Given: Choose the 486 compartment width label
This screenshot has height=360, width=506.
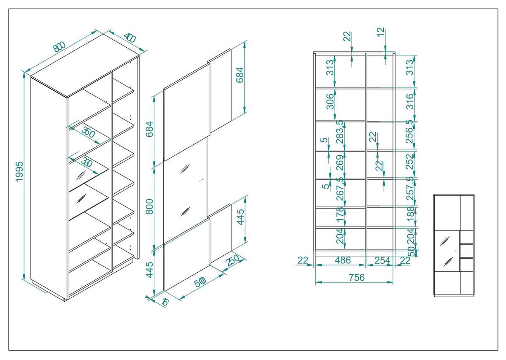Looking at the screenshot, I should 342,260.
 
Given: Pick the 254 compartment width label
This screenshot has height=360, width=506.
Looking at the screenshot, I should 382,260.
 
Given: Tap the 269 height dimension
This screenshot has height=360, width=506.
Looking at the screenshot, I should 340,163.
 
